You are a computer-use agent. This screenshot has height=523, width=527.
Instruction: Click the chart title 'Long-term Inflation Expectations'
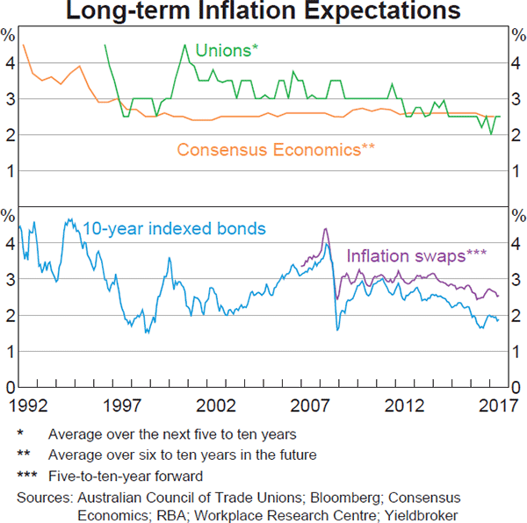point(263,11)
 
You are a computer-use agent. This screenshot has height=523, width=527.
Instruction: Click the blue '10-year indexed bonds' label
point(174,229)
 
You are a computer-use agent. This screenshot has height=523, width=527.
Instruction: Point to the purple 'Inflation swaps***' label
point(416,256)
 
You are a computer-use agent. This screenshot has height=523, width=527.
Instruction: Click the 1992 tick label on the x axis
point(29,406)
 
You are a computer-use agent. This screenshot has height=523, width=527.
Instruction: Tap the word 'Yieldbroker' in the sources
point(418,514)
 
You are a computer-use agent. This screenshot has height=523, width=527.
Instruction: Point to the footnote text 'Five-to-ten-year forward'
point(126,476)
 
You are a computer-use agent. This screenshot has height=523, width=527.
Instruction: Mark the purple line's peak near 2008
point(325,229)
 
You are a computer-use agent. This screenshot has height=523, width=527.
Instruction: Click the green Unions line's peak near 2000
point(185,45)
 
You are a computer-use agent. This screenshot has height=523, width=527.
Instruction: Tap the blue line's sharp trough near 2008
point(337,330)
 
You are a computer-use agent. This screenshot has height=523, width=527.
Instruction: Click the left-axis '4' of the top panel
point(9,63)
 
